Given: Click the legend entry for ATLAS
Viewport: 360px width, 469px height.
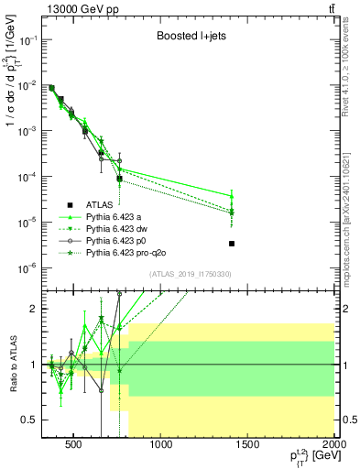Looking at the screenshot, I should (99, 204).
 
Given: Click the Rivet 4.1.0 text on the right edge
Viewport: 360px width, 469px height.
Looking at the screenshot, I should (352, 69).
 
